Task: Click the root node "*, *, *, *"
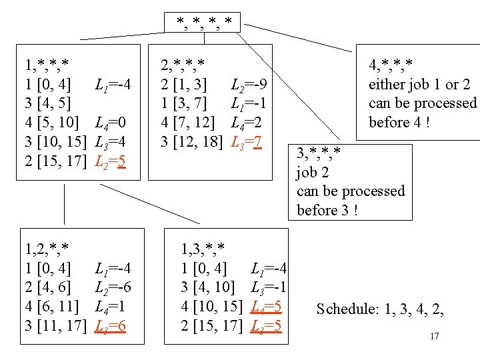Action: click(x=204, y=23)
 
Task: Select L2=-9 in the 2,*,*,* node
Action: click(x=249, y=85)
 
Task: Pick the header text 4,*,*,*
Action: click(x=391, y=65)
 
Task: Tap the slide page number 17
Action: click(x=434, y=336)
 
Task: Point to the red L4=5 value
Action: click(x=267, y=307)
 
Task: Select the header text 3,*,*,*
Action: click(x=319, y=153)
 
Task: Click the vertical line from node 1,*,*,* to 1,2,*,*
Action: click(x=64, y=203)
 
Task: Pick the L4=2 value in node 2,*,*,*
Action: click(x=245, y=123)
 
